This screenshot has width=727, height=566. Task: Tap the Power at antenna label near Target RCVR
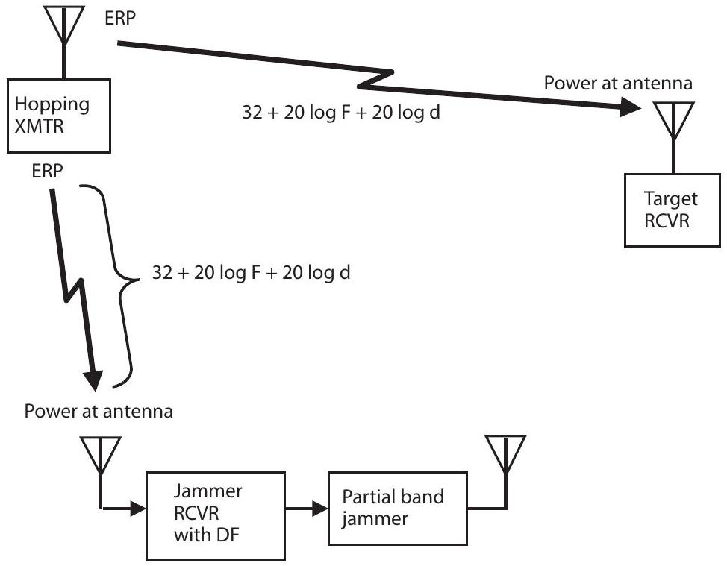[619, 82]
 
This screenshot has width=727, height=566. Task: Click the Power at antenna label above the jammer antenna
[99, 411]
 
